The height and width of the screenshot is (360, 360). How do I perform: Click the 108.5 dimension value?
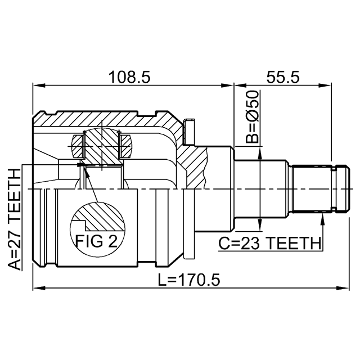point(129,77)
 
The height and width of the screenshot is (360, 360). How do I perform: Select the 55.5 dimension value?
point(283,77)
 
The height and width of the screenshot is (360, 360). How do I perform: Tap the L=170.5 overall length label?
point(189,280)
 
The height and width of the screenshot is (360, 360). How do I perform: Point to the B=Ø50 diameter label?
point(252,116)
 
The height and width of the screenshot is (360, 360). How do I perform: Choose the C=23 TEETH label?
point(269,244)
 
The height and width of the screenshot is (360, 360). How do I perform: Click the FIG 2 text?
point(96,241)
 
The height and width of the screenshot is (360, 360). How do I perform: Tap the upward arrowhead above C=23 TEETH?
point(323,218)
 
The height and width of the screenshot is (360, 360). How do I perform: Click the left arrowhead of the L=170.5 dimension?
point(39,287)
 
